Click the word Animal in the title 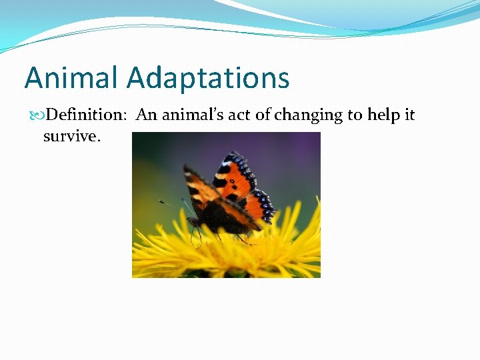72,78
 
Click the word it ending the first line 409,115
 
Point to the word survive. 71,136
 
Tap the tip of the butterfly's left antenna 160,201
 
